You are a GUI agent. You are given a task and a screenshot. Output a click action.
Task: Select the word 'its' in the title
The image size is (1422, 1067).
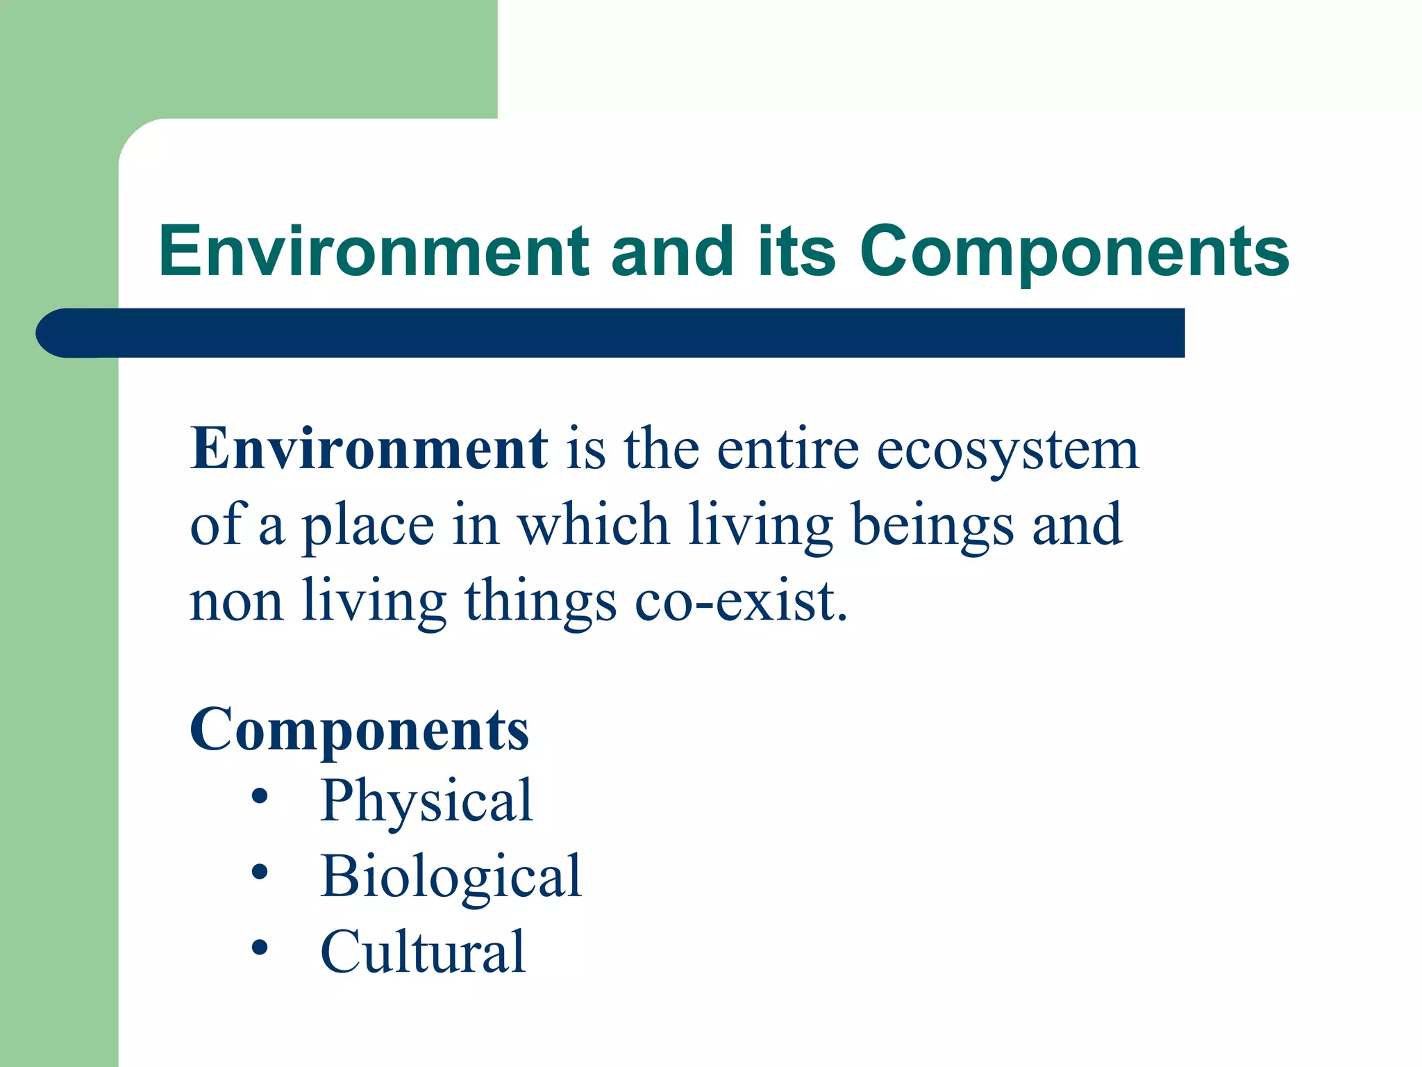click(x=796, y=251)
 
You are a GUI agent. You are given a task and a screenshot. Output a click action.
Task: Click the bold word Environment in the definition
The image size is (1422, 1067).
click(x=369, y=449)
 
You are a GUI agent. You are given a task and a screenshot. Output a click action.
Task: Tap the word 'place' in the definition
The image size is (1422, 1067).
click(x=368, y=527)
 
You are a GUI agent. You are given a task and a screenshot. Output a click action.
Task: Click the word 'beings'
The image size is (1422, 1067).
click(x=932, y=527)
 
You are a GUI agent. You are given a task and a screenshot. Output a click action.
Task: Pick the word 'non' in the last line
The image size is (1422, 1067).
click(x=236, y=602)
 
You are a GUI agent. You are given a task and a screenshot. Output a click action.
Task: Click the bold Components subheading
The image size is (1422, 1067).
click(x=359, y=731)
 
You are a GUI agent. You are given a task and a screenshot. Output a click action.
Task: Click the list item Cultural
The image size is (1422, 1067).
click(x=422, y=952)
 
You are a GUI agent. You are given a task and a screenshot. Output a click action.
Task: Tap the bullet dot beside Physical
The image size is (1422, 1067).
click(x=260, y=797)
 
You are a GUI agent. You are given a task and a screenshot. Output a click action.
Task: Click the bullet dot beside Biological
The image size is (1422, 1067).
click(x=260, y=872)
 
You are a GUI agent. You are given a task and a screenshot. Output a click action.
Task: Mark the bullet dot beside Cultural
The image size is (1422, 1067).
click(x=260, y=947)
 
